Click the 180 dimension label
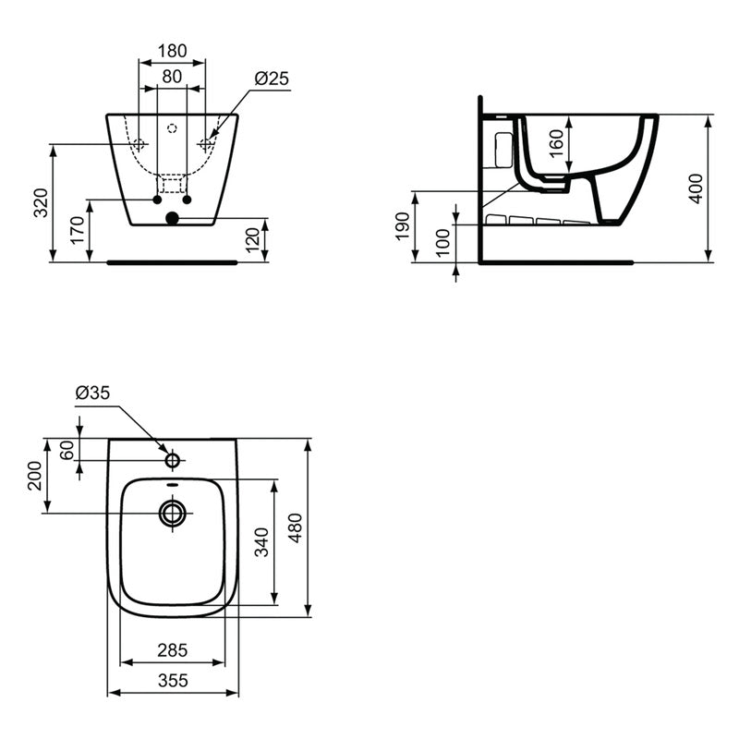tap(172, 50)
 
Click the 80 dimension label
tap(172, 77)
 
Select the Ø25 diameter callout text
tap(271, 79)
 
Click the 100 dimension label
tap(443, 242)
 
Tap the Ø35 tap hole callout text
tap(92, 394)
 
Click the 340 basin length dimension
tap(262, 542)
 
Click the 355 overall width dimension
tap(173, 680)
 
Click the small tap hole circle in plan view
tap(173, 459)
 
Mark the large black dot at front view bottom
tap(171, 219)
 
